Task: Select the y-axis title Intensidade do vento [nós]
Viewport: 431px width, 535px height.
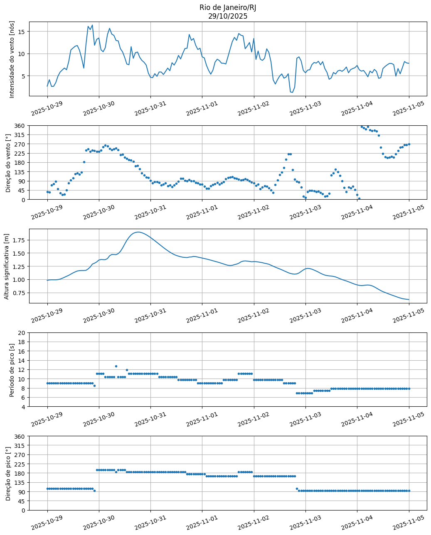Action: [12, 59]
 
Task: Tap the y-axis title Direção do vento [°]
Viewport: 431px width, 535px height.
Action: [8, 162]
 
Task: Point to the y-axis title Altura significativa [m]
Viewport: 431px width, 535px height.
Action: [6, 266]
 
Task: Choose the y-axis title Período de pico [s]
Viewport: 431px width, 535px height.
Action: [12, 369]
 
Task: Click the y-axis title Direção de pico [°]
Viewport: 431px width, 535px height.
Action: [8, 473]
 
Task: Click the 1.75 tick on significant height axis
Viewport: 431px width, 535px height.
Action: [20, 240]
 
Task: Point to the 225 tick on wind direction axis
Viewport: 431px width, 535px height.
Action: [20, 153]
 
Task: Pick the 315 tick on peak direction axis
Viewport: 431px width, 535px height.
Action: [20, 445]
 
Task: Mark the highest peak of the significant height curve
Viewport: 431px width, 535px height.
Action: [138, 232]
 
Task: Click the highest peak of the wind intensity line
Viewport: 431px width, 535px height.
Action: [92, 25]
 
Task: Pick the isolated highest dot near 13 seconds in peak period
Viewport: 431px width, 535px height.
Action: [116, 366]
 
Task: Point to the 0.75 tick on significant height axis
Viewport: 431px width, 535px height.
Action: [20, 293]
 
